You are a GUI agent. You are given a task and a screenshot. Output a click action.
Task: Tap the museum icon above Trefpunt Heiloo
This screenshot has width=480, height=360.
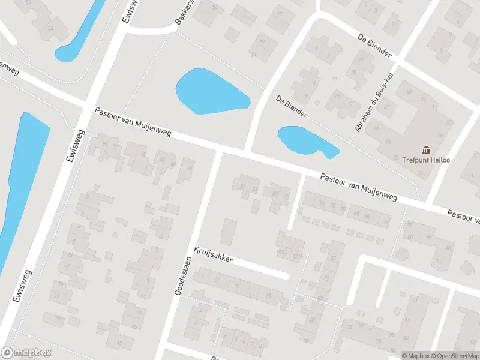tap(427, 149)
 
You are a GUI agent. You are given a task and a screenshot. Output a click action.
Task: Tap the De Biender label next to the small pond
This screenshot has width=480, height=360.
tap(292, 106)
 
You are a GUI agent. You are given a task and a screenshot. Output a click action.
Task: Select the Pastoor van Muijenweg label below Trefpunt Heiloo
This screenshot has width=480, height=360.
tap(359, 185)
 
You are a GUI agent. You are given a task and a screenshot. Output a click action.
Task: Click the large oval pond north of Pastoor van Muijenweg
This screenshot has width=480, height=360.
tap(210, 92)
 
